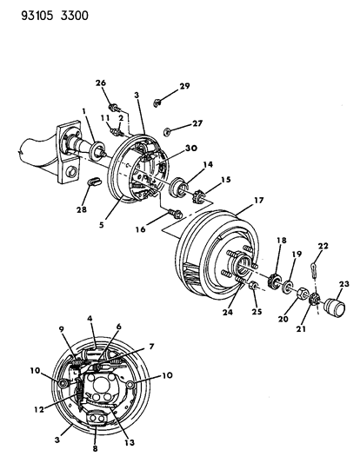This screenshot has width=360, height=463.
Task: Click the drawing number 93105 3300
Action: (x=43, y=14)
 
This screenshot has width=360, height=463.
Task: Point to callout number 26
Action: (x=101, y=83)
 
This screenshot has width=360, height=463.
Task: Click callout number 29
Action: (x=184, y=85)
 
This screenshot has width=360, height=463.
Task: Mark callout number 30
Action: (x=191, y=149)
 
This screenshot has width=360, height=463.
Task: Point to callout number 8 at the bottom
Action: (x=96, y=452)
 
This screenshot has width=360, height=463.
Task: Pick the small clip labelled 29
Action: (x=159, y=100)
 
